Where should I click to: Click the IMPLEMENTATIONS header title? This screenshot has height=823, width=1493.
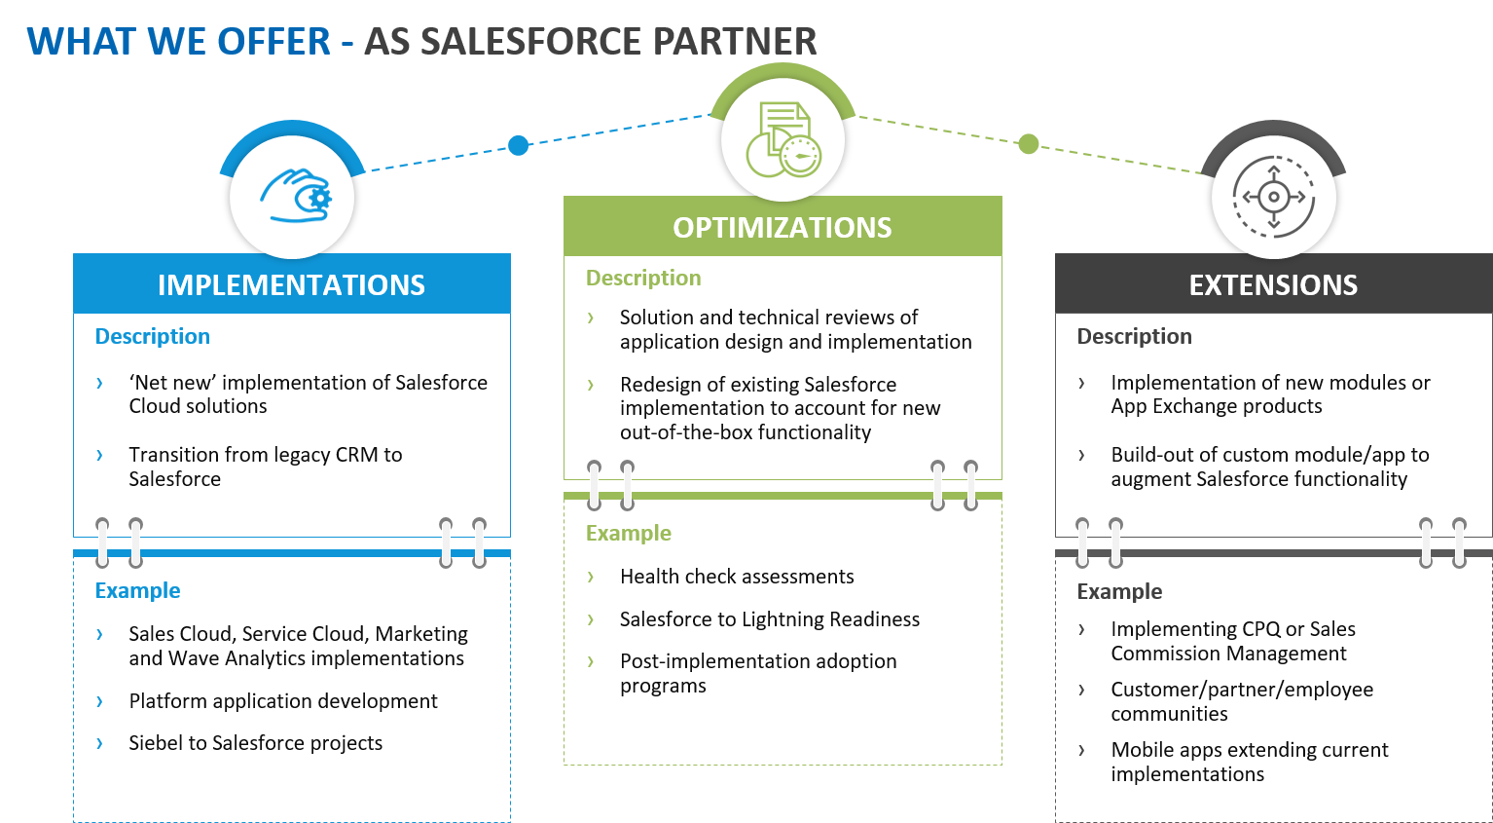(291, 284)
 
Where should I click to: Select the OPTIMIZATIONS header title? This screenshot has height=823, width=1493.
(782, 227)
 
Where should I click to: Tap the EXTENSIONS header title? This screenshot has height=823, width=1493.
(1273, 284)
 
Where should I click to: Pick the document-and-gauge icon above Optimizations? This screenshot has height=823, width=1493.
(783, 139)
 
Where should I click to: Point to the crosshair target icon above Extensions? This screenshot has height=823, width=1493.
(1273, 197)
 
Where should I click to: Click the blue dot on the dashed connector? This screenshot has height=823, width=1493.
(518, 145)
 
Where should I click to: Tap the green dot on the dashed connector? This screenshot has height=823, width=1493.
(1028, 144)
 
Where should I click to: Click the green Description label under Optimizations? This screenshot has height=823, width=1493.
(642, 278)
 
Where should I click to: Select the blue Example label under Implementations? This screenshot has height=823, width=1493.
(137, 590)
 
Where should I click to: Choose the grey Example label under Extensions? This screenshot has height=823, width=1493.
(1119, 591)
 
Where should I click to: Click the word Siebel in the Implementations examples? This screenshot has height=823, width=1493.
(155, 743)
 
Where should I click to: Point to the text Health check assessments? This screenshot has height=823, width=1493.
(737, 577)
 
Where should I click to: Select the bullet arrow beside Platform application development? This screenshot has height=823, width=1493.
(99, 701)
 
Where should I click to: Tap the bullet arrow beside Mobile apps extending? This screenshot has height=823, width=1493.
(1081, 750)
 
